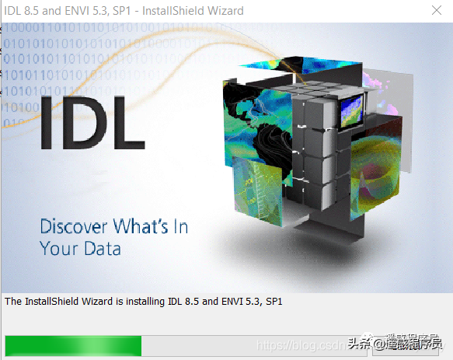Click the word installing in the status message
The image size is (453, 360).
138,300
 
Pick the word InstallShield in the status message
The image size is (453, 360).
52,300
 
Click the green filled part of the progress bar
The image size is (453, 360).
73,344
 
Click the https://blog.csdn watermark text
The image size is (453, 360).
299,344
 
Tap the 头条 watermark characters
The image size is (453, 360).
360,344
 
